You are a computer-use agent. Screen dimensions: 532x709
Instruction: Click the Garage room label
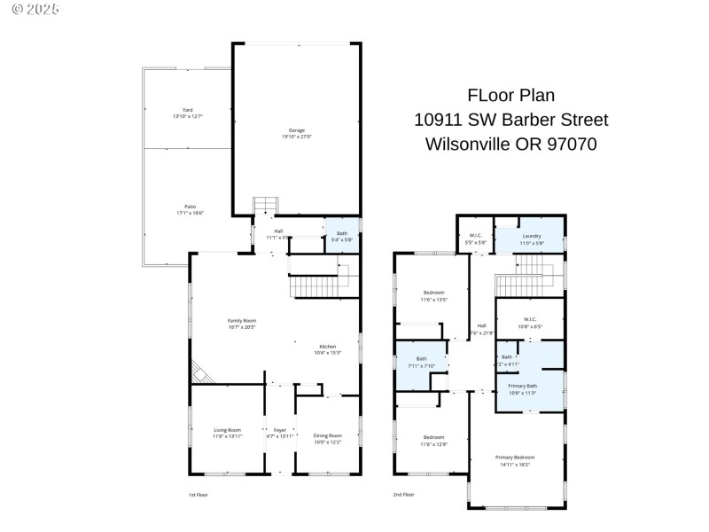point(296,129)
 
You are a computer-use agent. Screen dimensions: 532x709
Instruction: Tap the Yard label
point(187,110)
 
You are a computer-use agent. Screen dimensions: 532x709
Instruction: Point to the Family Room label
point(241,320)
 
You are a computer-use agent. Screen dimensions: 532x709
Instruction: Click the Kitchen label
point(328,346)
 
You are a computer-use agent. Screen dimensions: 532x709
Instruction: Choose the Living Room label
point(227,430)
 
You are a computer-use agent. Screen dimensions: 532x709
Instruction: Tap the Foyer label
point(280,430)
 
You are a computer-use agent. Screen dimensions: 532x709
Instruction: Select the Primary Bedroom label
point(515,457)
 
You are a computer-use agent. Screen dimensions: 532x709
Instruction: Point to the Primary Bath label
point(522,386)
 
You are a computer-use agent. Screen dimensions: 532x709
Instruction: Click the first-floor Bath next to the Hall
point(341,234)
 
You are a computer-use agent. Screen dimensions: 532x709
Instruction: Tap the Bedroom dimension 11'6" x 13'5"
point(433,300)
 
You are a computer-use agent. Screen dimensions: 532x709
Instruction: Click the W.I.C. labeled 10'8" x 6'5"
point(529,326)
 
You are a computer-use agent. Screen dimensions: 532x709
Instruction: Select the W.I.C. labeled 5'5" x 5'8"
point(476,242)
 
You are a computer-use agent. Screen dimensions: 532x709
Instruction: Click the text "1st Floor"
point(198,494)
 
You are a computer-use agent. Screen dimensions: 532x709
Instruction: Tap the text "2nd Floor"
point(403,494)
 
